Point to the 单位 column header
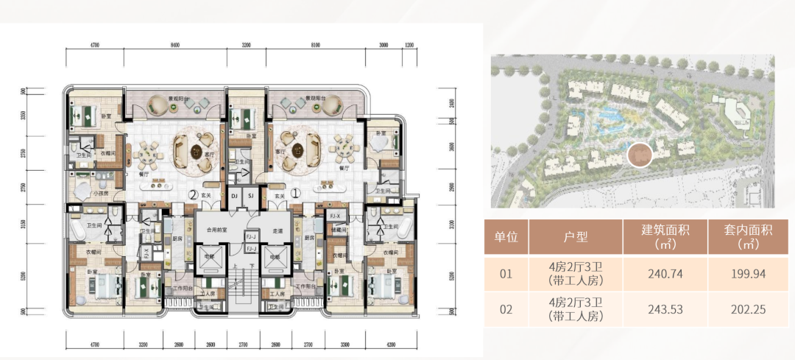(506, 237)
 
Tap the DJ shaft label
(234, 197)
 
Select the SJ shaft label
(250, 197)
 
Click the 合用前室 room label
(216, 230)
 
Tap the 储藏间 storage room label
(337, 228)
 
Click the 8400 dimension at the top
(174, 45)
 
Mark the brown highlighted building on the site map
(640, 156)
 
